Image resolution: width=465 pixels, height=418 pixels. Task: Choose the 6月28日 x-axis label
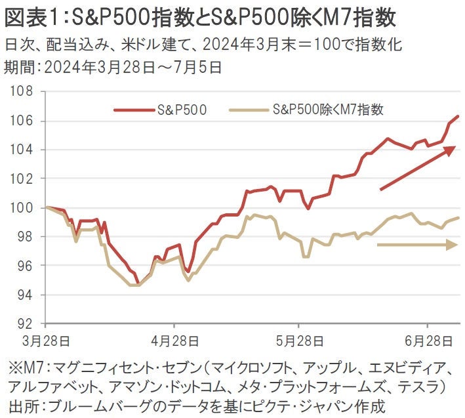428,342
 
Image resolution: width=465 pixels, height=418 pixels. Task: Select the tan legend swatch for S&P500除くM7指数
249,110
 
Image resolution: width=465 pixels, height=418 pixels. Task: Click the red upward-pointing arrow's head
451,150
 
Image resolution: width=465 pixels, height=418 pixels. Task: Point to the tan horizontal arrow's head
452,245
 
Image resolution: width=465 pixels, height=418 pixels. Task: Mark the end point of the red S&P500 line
458,116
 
